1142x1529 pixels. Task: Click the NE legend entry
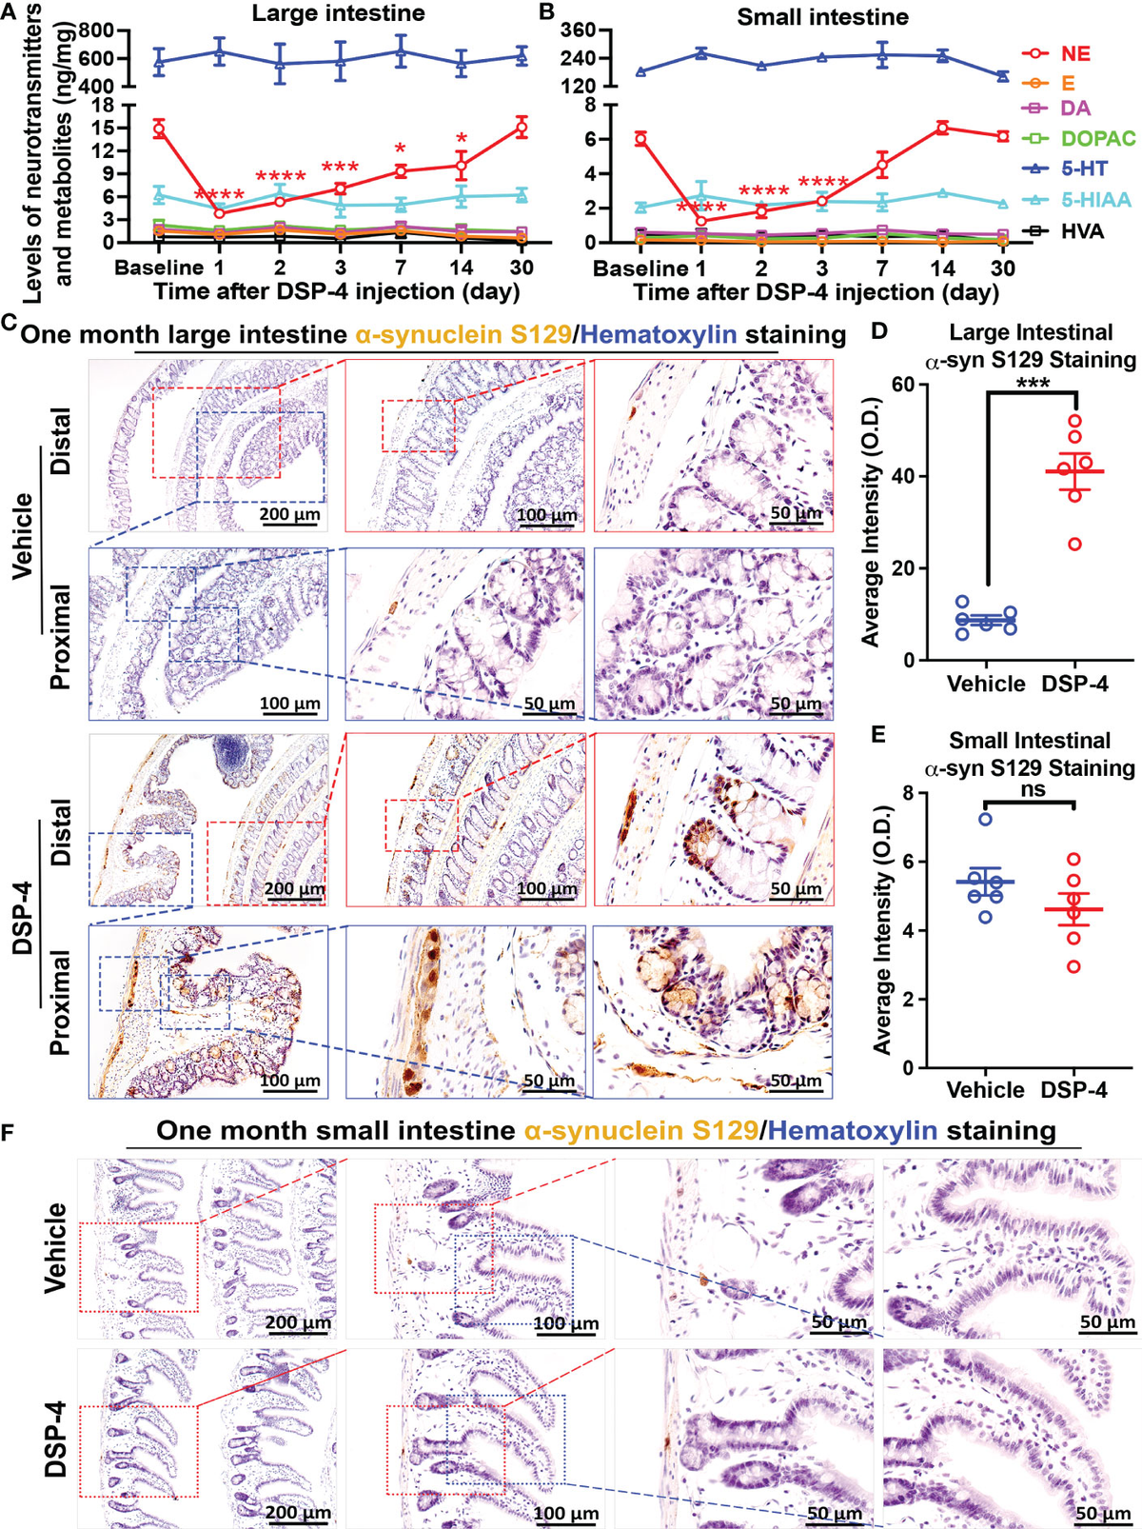[x=1075, y=54]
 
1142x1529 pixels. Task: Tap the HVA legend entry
[x=1083, y=230]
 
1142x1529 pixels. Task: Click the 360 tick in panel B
[x=579, y=30]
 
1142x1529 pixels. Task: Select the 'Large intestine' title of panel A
[x=338, y=13]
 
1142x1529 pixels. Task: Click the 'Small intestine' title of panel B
[x=822, y=16]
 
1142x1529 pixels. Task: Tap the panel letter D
[x=879, y=331]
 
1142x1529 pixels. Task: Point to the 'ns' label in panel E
[x=1031, y=789]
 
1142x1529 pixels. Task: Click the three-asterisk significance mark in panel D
[x=1033, y=383]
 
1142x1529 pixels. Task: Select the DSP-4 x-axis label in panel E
[x=1073, y=1090]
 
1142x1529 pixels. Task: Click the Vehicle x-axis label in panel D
[x=986, y=684]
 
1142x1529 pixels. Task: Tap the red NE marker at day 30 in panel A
[x=522, y=128]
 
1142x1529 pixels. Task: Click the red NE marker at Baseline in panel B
[x=640, y=139]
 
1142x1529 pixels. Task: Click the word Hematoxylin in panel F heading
[x=852, y=1131]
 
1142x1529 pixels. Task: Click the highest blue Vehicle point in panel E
[x=986, y=819]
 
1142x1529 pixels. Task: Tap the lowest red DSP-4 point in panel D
[x=1074, y=545]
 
